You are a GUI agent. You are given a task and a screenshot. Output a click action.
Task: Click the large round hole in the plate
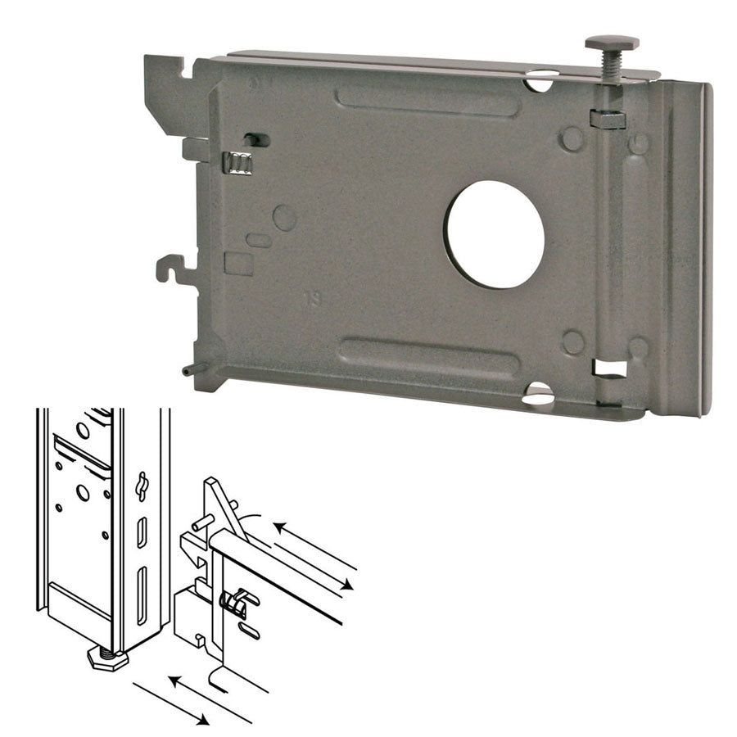495,234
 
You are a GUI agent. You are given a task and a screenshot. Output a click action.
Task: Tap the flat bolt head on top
612,42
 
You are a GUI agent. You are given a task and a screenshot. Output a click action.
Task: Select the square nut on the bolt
608,119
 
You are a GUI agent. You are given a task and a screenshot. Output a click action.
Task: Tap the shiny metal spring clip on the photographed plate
237,163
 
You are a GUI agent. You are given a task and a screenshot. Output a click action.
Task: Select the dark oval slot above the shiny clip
256,140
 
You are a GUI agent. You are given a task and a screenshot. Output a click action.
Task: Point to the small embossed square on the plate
238,263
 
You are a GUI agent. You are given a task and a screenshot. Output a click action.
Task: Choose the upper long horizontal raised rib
427,103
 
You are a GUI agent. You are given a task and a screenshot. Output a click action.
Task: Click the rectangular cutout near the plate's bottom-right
611,368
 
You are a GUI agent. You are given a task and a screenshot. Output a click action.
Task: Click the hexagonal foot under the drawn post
107,657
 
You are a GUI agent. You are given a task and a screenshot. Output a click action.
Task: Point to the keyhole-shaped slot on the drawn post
141,486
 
